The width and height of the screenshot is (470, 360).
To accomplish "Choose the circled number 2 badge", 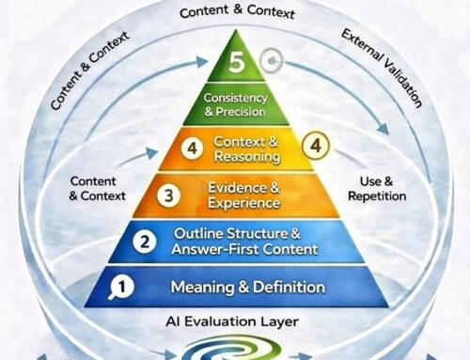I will coord(144,241).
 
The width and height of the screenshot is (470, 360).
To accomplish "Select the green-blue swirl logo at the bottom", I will coord(236,350).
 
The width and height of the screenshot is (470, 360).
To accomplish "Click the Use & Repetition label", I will coord(383,188).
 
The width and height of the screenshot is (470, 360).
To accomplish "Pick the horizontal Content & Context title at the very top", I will coord(235,13).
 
